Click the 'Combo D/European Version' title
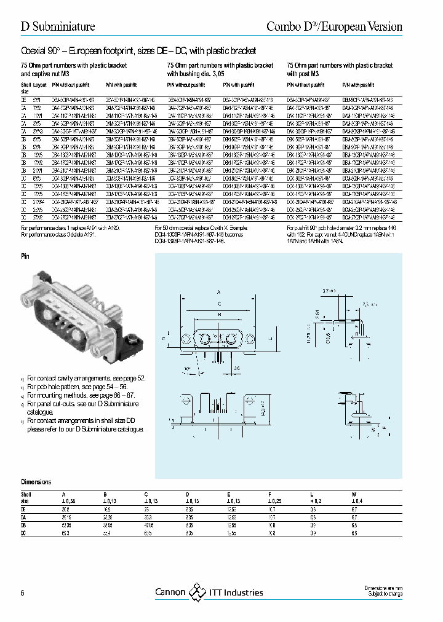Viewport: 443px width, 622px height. coord(333,26)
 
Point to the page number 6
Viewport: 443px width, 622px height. coord(23,592)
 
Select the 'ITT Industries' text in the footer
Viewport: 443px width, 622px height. coord(236,592)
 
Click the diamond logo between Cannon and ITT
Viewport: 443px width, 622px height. coord(198,592)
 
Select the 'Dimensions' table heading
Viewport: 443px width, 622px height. coord(36,482)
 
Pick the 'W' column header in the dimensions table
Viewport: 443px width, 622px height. coord(353,494)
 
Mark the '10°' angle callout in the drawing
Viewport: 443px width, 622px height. coord(187,368)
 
